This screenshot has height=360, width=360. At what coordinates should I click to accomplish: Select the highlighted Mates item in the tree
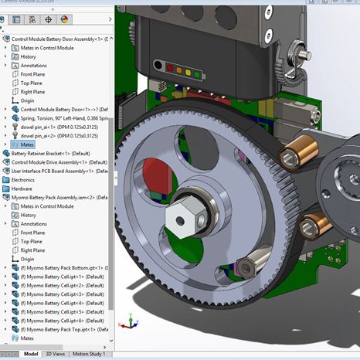27,144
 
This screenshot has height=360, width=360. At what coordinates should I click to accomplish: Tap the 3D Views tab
56,354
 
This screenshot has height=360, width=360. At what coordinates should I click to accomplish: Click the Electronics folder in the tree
23,179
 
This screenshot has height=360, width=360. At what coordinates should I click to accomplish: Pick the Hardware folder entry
22,188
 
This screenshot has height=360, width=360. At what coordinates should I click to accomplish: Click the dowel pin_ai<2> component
54,135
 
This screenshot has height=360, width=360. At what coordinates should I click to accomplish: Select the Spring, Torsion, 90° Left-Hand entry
66,117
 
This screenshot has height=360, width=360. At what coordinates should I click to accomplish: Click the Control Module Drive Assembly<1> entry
58,162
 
